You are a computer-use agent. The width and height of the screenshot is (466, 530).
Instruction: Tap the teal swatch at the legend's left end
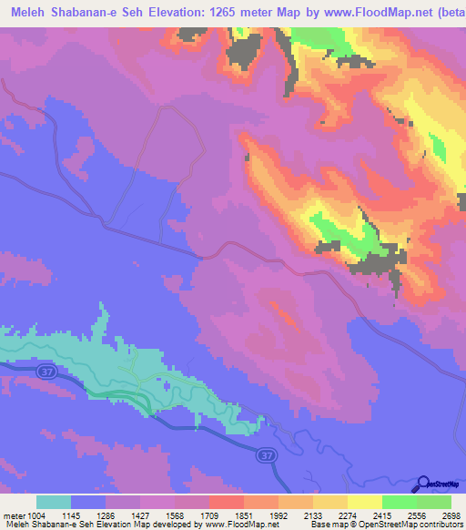tap(54, 503)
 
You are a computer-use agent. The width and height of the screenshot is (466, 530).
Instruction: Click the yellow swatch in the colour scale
tap(364, 503)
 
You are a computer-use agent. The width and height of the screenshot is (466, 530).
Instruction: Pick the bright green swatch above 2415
tap(399, 503)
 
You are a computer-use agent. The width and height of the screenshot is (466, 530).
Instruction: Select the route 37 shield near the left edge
tap(46, 372)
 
